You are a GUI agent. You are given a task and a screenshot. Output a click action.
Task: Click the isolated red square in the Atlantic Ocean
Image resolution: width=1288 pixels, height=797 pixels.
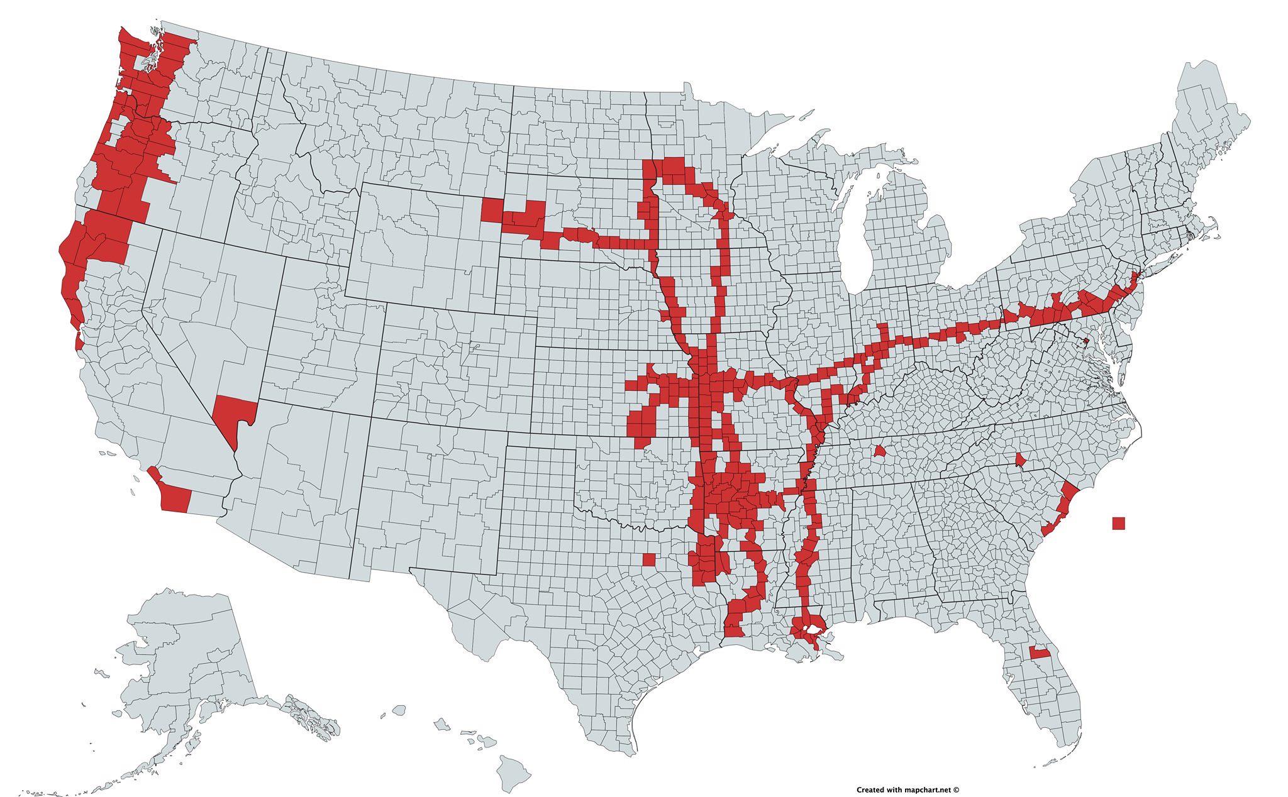click(x=1118, y=523)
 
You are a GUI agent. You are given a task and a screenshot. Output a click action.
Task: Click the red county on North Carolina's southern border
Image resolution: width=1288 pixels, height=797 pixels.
click(x=1021, y=461)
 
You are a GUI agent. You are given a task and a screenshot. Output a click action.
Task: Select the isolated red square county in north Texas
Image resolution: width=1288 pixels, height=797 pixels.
click(x=649, y=559)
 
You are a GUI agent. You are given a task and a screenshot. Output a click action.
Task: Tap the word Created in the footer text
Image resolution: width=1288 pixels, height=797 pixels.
click(x=871, y=789)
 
